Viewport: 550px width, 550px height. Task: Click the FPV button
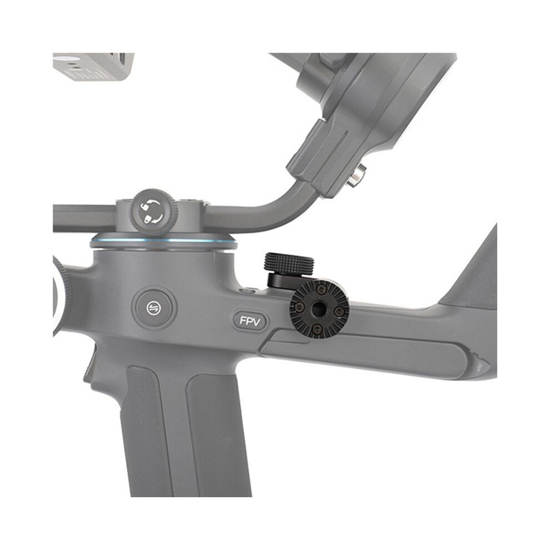[250, 321]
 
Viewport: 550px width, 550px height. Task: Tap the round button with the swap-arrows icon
[154, 308]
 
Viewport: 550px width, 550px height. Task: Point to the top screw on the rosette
[320, 290]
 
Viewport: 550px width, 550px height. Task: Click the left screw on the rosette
[299, 307]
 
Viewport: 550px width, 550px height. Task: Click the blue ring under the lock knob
[163, 241]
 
